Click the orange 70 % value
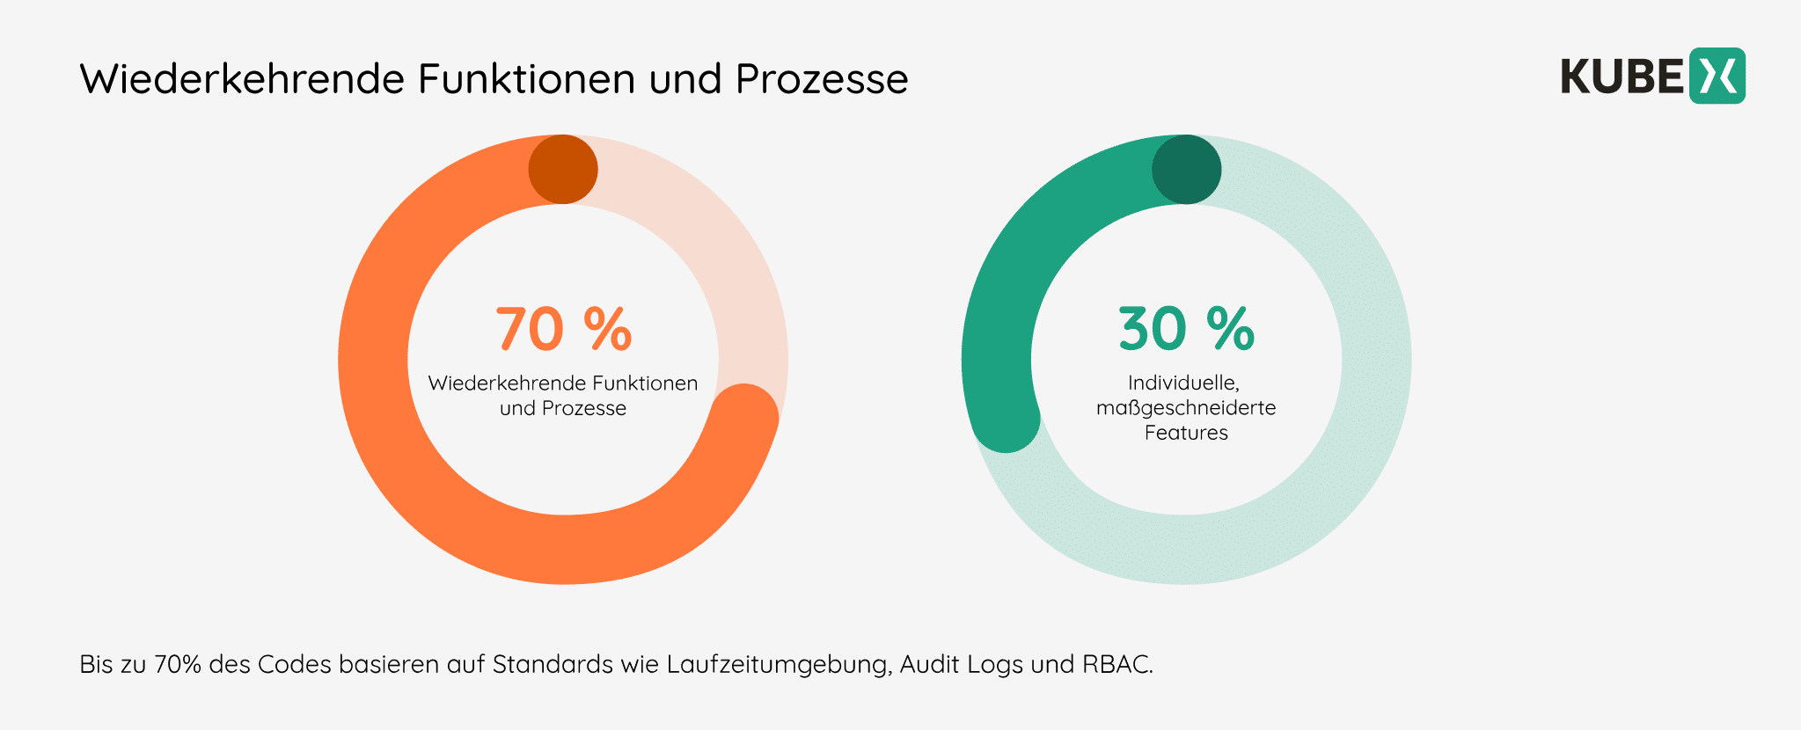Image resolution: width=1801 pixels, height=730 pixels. [563, 330]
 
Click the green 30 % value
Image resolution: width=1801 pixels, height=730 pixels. [1186, 330]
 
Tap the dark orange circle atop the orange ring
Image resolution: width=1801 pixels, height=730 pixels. [563, 170]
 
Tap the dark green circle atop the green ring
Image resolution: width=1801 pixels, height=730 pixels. [1186, 170]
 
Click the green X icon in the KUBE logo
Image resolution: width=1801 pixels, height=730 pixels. [1717, 77]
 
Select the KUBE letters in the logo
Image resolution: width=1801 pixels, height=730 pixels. [1622, 77]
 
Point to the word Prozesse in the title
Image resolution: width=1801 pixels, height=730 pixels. [822, 79]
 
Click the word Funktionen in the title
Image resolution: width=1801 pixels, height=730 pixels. [526, 79]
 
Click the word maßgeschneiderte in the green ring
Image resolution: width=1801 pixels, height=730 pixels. [1186, 408]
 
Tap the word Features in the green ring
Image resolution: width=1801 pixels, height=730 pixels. [1186, 433]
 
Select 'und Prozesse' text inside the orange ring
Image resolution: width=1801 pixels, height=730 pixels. [563, 408]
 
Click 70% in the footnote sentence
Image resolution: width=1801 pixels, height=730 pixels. [178, 664]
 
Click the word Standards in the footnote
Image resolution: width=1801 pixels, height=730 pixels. [553, 664]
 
